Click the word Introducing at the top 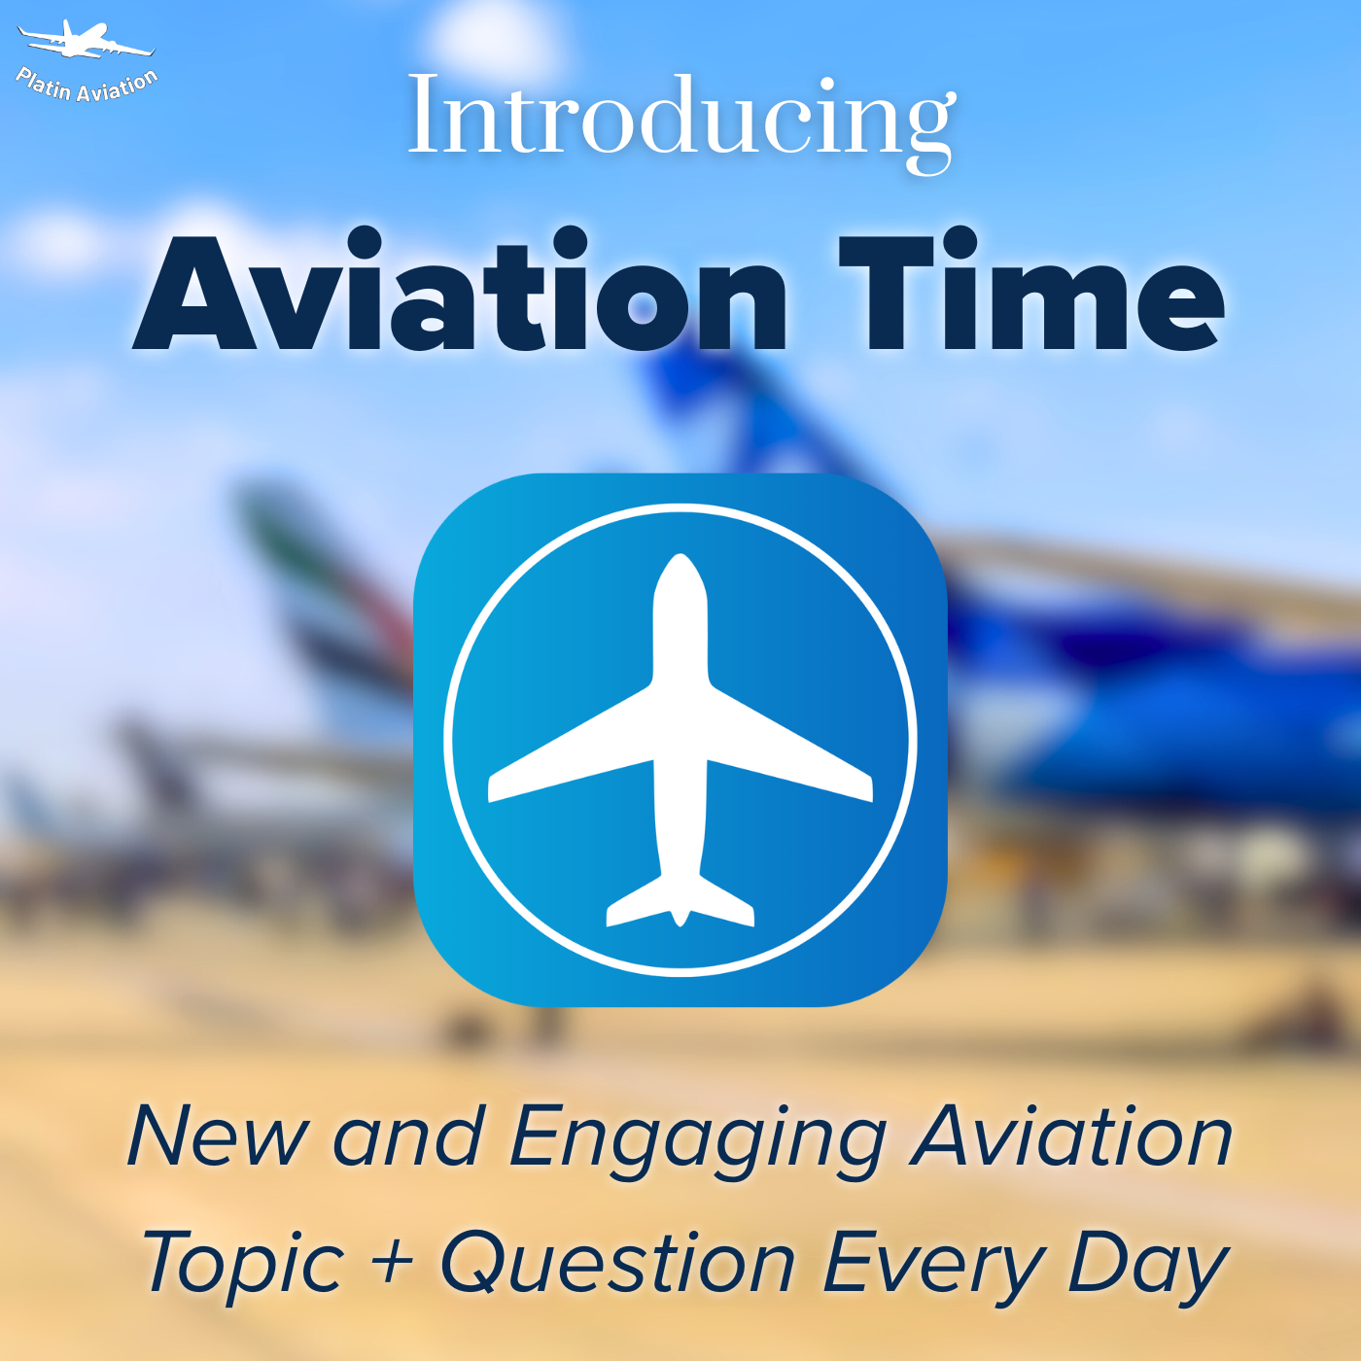tap(681, 122)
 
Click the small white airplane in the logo tap(85, 40)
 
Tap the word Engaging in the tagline tap(696, 1141)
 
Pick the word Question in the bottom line tap(618, 1262)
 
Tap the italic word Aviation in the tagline tap(1071, 1134)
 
